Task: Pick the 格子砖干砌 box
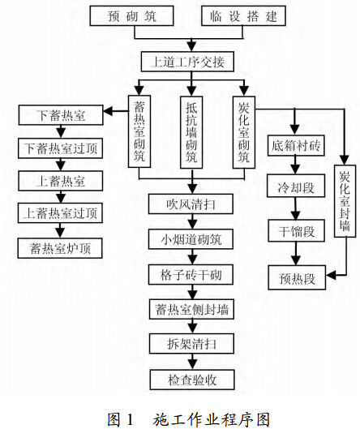pos(191,274)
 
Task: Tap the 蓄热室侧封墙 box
pos(191,309)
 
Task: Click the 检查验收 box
pos(191,380)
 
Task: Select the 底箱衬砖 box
pos(296,146)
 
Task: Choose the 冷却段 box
pos(296,188)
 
